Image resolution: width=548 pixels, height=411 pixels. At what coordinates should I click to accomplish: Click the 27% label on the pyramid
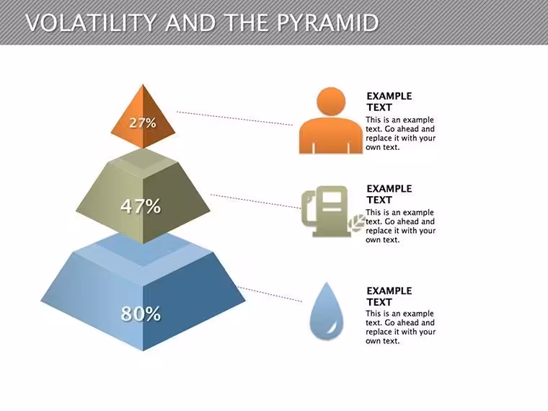[x=143, y=123]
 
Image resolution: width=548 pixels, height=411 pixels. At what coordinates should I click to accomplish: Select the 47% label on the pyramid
[x=141, y=206]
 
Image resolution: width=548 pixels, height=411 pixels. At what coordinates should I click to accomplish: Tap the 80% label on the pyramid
[x=141, y=314]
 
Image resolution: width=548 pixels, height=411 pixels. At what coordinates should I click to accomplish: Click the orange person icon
[x=331, y=120]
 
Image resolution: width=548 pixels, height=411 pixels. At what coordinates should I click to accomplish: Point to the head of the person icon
[x=331, y=102]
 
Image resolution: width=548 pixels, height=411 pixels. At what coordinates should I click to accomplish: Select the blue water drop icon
[x=327, y=311]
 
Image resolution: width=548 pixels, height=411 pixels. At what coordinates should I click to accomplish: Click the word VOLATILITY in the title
[x=91, y=23]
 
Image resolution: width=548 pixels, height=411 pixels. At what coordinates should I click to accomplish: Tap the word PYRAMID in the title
[x=328, y=23]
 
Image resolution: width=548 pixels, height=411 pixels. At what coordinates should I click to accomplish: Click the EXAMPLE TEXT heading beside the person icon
[x=389, y=102]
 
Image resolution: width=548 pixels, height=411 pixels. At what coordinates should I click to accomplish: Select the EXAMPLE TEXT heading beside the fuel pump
[x=389, y=194]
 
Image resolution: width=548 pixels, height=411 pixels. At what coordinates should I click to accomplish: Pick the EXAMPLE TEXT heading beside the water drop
[x=389, y=296]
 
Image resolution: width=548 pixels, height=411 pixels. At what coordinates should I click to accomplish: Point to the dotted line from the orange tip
[x=234, y=118]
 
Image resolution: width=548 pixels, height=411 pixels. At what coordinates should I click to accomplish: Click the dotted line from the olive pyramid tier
[x=256, y=201]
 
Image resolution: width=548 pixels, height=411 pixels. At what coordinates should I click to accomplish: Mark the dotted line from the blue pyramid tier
[x=270, y=294]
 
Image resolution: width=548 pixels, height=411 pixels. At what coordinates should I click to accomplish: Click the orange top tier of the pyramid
[x=143, y=117]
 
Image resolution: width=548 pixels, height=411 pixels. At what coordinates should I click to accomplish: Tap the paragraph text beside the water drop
[x=400, y=327]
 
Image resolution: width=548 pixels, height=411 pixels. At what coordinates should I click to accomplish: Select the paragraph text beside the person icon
[x=400, y=133]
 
